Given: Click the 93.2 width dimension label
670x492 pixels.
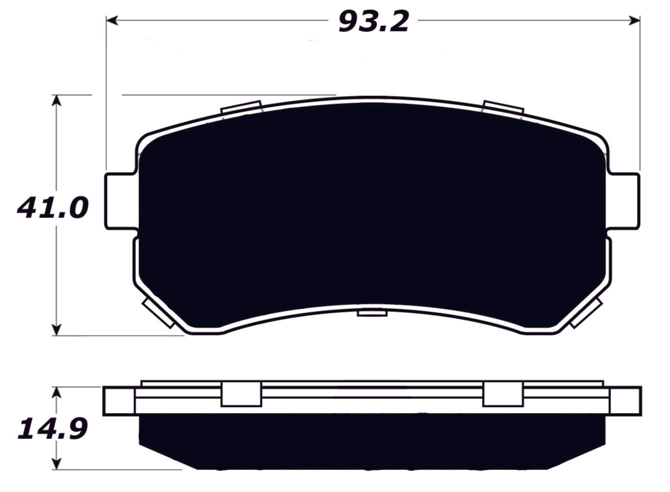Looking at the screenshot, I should point(373,22).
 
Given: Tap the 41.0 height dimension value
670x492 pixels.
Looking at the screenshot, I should point(52,207).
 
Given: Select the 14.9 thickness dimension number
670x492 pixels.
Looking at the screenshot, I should point(52,429).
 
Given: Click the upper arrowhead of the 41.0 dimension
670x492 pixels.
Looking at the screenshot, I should point(57,100).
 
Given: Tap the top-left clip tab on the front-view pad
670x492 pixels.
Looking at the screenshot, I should point(241,108).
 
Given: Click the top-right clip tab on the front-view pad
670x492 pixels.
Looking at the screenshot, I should point(503,108).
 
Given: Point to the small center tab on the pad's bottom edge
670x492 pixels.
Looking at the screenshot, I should point(372,312).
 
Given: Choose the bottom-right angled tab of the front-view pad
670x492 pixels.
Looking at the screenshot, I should point(585,313).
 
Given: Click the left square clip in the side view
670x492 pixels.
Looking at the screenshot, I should point(241,394).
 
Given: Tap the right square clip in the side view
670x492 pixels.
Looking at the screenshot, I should point(503,394).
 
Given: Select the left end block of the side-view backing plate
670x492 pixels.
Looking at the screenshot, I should point(119,400).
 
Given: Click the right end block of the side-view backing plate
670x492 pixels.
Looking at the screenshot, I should point(625,400).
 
